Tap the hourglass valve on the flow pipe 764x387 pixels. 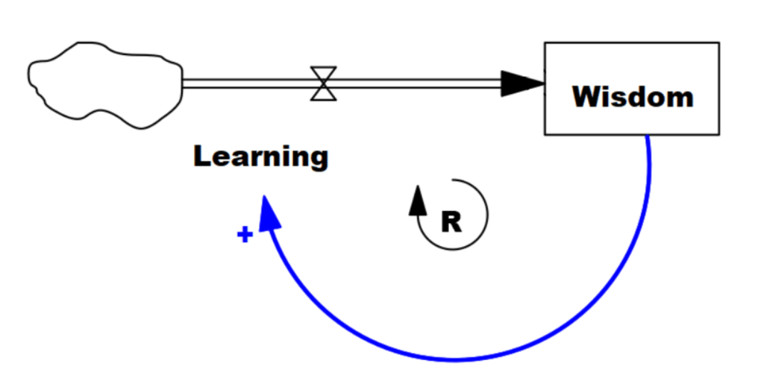click(x=324, y=84)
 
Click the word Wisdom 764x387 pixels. click(x=633, y=96)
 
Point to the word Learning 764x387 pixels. click(x=260, y=157)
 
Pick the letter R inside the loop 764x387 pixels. click(x=451, y=221)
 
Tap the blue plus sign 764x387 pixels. click(x=243, y=235)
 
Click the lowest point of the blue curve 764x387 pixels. click(x=455, y=359)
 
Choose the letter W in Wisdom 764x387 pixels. click(x=586, y=96)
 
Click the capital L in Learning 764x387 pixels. click(x=201, y=157)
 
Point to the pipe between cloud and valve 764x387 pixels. click(x=246, y=84)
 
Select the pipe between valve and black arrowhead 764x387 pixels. click(x=418, y=84)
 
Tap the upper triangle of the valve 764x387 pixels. click(x=324, y=75)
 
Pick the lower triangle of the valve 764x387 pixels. click(x=324, y=92)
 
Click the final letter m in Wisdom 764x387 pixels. click(x=680, y=98)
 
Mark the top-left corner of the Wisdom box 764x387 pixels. click(x=545, y=43)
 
